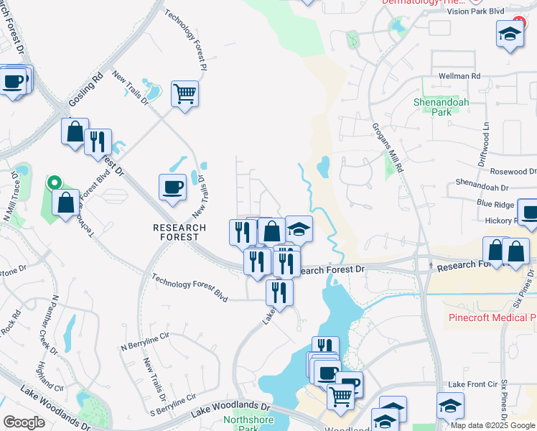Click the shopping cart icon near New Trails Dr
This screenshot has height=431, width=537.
(185, 93)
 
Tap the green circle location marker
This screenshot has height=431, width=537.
(54, 182)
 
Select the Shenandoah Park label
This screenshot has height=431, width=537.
(441, 107)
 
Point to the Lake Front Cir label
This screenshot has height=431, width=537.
(472, 385)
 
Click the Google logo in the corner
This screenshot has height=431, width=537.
(24, 422)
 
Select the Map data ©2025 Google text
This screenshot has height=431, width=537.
(492, 425)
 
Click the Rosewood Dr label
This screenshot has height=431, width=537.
(513, 172)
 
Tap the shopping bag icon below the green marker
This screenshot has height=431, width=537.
(65, 203)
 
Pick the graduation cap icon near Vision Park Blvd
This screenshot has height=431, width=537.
(510, 34)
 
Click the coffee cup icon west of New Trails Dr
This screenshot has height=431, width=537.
(172, 187)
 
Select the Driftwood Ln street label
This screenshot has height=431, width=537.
(486, 135)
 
